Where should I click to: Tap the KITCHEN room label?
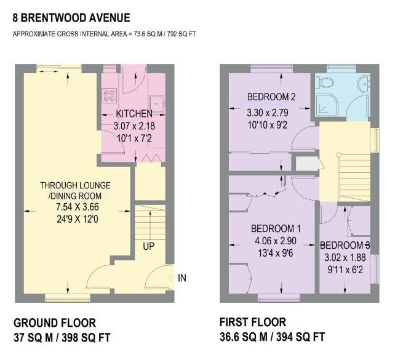pyautogui.click(x=134, y=114)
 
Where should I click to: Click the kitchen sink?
pyautogui.click(x=158, y=102)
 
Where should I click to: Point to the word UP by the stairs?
pyautogui.click(x=149, y=246)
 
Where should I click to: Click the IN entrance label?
pyautogui.click(x=182, y=278)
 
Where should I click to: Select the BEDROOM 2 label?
pyautogui.click(x=271, y=97)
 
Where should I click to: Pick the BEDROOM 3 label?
pyautogui.click(x=345, y=244)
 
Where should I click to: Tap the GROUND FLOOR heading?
pyautogui.click(x=54, y=322)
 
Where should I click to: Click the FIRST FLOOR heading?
pyautogui.click(x=252, y=322)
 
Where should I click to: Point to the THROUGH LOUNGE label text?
pyautogui.click(x=73, y=185)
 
